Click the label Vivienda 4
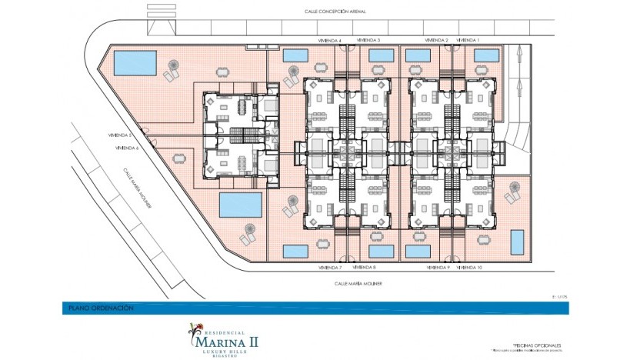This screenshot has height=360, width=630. [x=329, y=40]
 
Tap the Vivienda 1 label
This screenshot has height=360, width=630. [x=468, y=40]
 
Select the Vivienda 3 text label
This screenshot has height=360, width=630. [x=368, y=40]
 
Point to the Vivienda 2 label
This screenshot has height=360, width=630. [x=435, y=40]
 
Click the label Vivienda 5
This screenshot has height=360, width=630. [x=121, y=135]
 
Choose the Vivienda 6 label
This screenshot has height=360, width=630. [x=126, y=148]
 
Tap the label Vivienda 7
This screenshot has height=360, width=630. [x=329, y=268]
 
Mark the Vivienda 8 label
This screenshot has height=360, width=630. [x=364, y=268]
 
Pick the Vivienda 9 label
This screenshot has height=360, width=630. [x=438, y=268]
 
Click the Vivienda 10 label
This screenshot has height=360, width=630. [x=469, y=268]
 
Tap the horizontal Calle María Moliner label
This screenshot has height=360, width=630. [x=358, y=283]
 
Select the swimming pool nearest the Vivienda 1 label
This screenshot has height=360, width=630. [x=486, y=55]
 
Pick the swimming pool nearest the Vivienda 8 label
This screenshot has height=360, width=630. [x=381, y=252]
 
